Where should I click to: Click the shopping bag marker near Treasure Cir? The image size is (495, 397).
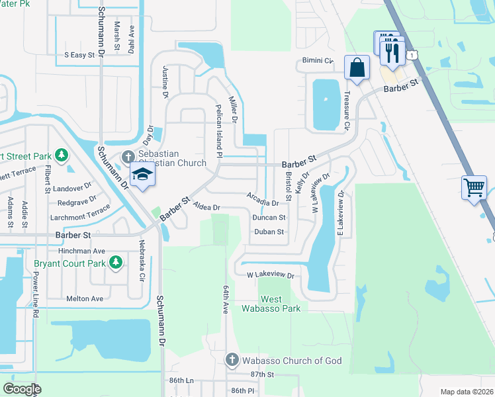tap(357, 67)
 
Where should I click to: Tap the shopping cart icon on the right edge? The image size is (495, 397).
tap(474, 187)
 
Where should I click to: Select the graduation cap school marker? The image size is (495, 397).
tap(142, 175)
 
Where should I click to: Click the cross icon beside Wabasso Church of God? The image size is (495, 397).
tap(232, 360)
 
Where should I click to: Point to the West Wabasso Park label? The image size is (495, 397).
tap(280, 304)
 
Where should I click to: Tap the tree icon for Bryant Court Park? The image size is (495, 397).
tap(116, 263)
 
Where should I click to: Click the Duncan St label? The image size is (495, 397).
tap(269, 218)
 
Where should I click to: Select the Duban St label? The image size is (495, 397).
tap(269, 232)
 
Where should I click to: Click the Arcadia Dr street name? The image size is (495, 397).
tap(262, 199)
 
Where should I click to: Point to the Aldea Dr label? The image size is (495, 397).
tap(206, 208)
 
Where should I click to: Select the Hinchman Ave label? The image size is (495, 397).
tap(82, 251)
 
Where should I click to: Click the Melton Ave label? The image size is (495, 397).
tap(85, 298)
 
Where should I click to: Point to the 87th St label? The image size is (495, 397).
tap(262, 375)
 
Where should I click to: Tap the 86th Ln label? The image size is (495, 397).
tap(181, 381)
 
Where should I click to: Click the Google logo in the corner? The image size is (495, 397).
tap(22, 389)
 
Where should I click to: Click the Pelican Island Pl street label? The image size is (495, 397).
tap(218, 130)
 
